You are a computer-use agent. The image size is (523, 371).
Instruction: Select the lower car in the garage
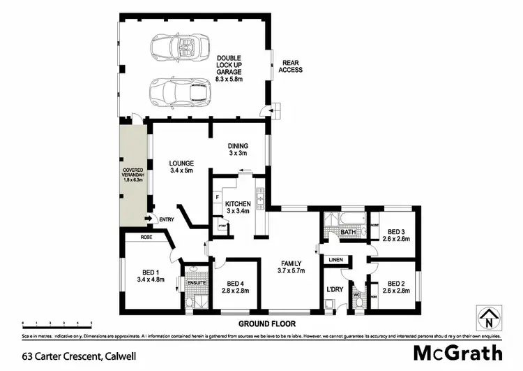pyautogui.click(x=180, y=91)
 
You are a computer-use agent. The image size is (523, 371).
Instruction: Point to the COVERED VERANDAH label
pyautogui.click(x=132, y=174)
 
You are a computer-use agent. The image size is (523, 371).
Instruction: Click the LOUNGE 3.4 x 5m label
pyautogui.click(x=181, y=166)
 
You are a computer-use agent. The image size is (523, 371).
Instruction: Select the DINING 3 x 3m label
pyautogui.click(x=238, y=149)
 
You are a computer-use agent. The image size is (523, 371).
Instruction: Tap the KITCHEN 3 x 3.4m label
pyautogui.click(x=237, y=206)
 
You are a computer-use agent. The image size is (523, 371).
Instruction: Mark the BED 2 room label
pyautogui.click(x=395, y=286)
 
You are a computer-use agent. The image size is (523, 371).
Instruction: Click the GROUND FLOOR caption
pyautogui.click(x=267, y=323)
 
